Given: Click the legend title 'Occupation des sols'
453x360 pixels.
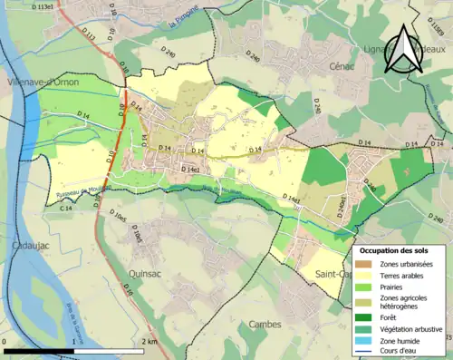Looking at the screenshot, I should (395, 249).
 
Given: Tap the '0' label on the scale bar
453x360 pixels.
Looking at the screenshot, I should (5, 342).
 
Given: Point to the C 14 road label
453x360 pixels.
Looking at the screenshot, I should (66, 209).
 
